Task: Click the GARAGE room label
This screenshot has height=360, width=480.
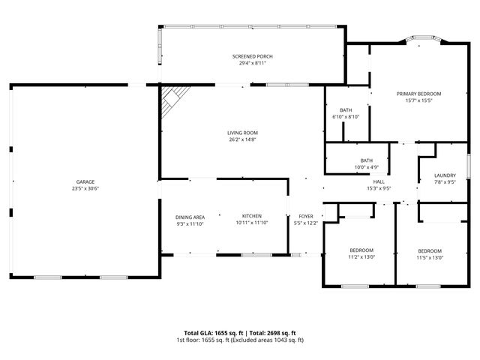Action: point(85,182)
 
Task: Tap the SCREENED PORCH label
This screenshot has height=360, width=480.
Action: point(252,57)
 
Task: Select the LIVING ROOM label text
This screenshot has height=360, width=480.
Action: point(243,133)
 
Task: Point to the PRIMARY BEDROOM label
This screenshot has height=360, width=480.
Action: point(418,94)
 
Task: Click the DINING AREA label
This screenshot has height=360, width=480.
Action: point(190,217)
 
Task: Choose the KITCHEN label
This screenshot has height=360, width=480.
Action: point(251,217)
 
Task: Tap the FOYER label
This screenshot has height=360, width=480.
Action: point(305,217)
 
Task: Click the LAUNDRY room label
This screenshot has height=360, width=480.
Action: point(445,175)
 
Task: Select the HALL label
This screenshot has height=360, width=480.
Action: point(379,182)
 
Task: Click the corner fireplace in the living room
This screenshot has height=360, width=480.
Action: point(173,96)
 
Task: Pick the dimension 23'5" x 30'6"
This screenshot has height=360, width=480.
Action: point(85,189)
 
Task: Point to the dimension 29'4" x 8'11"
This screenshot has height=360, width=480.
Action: point(252,64)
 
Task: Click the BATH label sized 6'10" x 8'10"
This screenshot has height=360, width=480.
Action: point(345,110)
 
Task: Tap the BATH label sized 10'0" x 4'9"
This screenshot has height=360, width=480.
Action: point(366,160)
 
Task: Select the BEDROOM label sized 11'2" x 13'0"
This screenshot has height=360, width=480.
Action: point(361,250)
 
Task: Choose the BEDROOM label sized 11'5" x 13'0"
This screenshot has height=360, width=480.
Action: point(430,250)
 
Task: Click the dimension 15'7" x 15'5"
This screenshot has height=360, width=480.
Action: point(418,100)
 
